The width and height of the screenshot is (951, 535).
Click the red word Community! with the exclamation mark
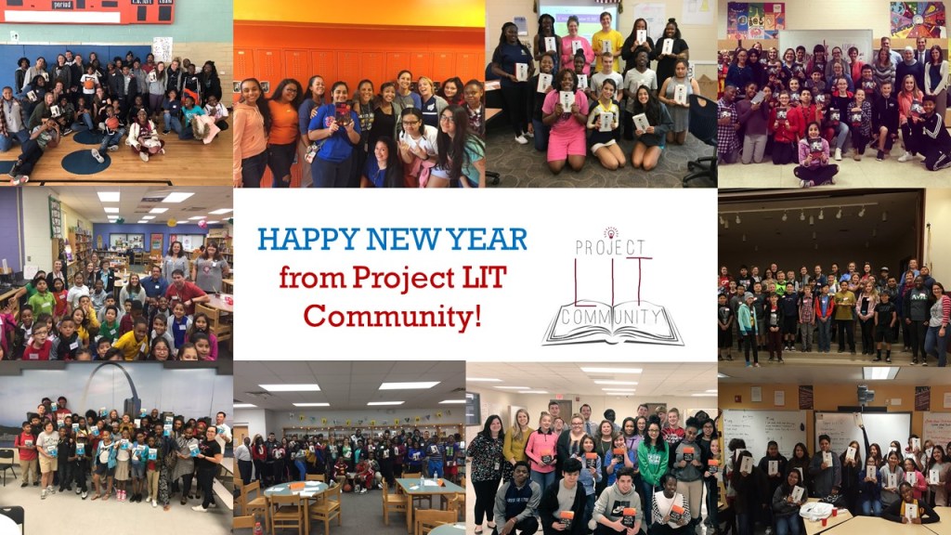[393, 316]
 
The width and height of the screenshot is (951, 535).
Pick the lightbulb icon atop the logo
[611, 233]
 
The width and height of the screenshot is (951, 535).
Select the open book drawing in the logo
[613, 324]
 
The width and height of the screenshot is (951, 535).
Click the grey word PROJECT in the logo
[609, 247]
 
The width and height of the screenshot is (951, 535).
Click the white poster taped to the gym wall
[162, 49]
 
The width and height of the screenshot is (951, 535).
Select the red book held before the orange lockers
[344, 112]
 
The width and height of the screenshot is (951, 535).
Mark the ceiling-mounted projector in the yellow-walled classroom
[865, 395]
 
